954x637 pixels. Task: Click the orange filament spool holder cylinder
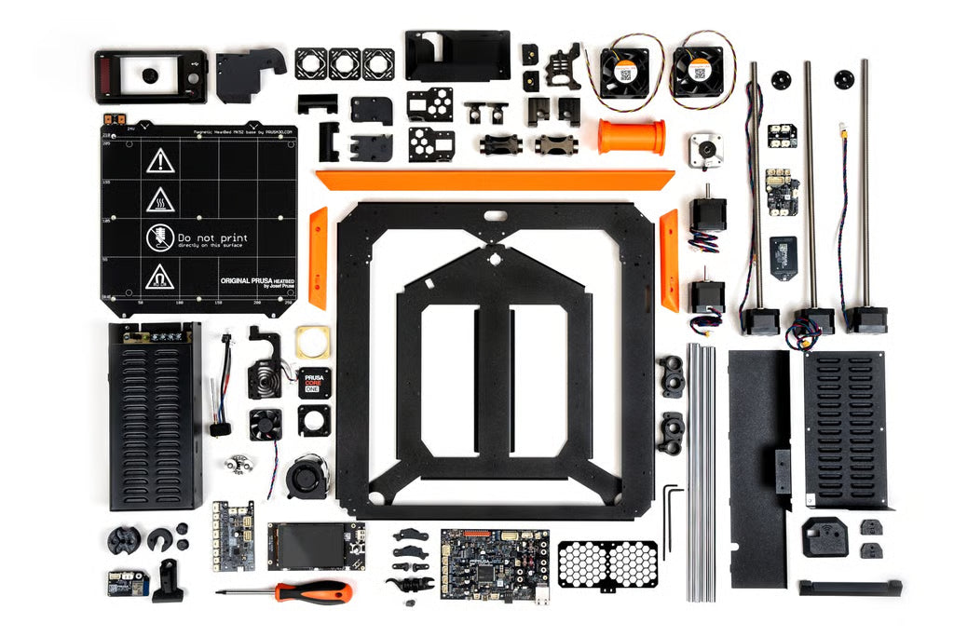click(x=632, y=137)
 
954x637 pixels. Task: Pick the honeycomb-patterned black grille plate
click(x=606, y=563)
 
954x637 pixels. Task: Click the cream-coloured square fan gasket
click(x=313, y=342)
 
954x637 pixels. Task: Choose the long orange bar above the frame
click(x=494, y=179)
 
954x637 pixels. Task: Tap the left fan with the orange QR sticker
click(x=622, y=73)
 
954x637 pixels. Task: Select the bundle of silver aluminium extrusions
click(x=701, y=470)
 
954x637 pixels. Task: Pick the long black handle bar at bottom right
click(x=850, y=588)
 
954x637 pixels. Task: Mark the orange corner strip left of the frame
click(x=319, y=257)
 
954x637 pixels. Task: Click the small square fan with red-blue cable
click(x=265, y=425)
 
